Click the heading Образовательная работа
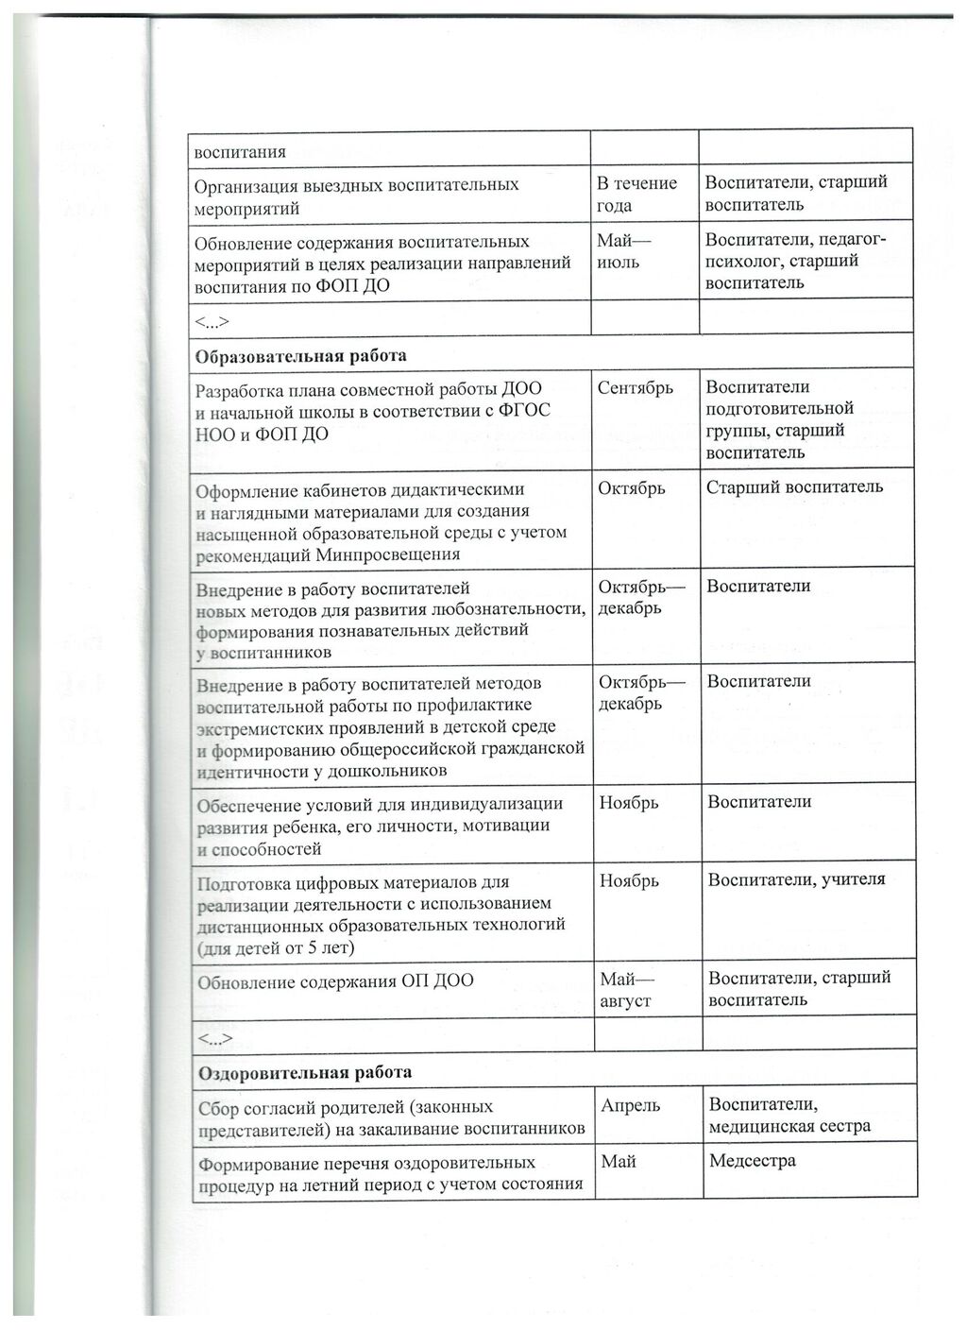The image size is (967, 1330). (300, 357)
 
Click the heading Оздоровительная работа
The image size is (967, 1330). (304, 1073)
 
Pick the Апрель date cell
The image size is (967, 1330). (630, 1105)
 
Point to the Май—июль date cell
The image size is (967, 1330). (619, 251)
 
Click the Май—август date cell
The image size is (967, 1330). (626, 989)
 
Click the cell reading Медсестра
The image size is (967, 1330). (752, 1161)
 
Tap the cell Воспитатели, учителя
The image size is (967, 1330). (797, 879)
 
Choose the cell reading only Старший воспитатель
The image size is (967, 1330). (794, 486)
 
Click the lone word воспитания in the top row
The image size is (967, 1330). (240, 151)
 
